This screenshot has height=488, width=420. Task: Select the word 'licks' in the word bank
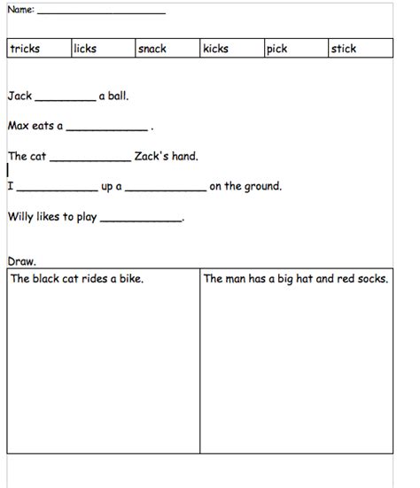[85, 50]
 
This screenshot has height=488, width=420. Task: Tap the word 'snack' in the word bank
[152, 50]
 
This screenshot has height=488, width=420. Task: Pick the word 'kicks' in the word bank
[215, 50]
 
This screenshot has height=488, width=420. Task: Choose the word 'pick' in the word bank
[277, 50]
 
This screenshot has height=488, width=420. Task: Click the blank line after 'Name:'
[101, 12]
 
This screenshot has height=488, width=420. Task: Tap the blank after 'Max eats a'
[106, 129]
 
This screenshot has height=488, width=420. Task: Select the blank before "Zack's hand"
[89, 160]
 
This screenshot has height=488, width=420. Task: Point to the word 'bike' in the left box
[128, 279]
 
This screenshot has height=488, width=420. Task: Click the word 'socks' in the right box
[372, 279]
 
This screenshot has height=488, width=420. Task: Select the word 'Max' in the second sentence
[18, 126]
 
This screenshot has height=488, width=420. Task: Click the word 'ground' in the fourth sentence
[262, 187]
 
